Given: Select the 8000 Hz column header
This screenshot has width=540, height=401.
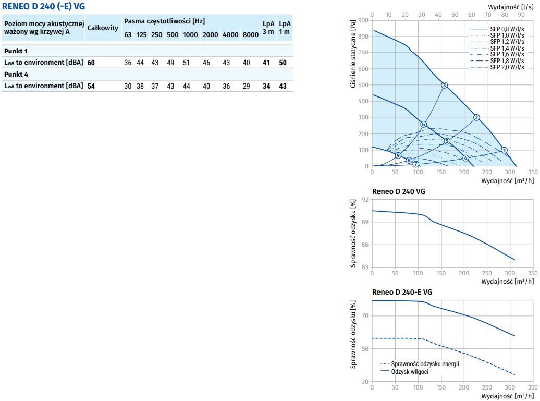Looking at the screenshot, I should (250, 35).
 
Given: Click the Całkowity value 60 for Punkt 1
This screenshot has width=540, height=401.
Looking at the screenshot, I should (91, 63).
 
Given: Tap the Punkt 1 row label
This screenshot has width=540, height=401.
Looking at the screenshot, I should (16, 51).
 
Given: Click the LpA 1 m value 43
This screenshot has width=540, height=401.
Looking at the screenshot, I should (283, 86).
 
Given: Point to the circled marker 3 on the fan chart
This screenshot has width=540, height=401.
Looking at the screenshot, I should (444, 85).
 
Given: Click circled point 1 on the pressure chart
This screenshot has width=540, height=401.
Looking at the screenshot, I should (504, 150).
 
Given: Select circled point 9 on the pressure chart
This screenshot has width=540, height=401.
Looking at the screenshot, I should (398, 155).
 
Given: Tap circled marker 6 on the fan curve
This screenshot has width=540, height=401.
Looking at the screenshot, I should (423, 124).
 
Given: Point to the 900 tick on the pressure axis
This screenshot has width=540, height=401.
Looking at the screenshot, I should (363, 20).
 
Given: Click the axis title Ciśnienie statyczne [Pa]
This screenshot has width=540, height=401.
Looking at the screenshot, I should (353, 53).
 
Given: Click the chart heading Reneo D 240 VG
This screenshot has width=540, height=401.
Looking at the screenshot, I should (398, 191).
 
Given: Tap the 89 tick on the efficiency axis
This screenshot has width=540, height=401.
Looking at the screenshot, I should (364, 222).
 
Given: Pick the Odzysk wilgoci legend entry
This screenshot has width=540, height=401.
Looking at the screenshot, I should (410, 371).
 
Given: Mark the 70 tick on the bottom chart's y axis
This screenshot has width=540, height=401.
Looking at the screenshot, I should (364, 315).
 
